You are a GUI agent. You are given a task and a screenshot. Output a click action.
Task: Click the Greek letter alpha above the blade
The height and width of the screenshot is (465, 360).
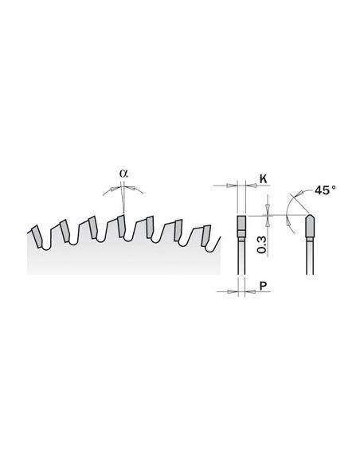124,174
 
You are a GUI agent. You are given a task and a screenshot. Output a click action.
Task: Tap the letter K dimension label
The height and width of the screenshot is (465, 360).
263,179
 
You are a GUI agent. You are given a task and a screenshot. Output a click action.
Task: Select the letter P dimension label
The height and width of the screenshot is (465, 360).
263,286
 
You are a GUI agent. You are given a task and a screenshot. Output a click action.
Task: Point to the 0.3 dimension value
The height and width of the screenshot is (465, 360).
261,245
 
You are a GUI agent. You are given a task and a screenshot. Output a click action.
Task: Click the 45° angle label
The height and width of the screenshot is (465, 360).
325,190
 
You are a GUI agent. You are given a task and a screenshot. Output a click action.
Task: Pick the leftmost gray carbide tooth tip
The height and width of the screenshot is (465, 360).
37,236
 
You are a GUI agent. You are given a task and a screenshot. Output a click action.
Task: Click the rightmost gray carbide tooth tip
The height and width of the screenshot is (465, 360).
205,236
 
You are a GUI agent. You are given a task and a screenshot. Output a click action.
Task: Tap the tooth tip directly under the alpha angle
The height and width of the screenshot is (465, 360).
121,226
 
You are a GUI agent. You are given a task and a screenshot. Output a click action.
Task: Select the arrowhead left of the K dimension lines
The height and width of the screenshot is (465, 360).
230,186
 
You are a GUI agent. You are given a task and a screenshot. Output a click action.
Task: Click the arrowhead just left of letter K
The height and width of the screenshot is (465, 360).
252,186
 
